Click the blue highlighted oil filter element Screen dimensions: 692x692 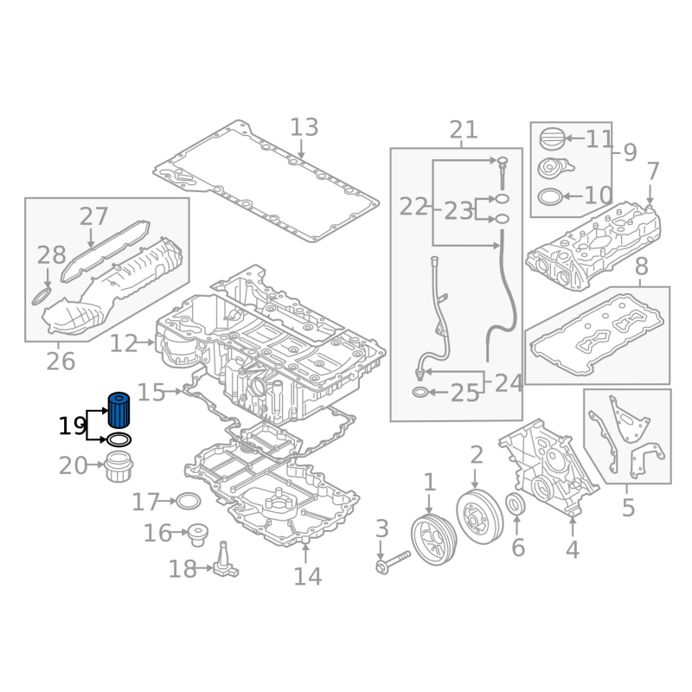click(x=119, y=410)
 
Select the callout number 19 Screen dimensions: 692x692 click(x=73, y=426)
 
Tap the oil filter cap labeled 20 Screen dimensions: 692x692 click(x=119, y=467)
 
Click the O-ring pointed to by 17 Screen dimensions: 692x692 click(x=189, y=502)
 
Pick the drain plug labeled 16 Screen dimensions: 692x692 click(x=197, y=535)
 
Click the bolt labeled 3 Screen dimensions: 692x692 click(x=394, y=561)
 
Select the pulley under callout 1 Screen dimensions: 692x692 click(x=434, y=539)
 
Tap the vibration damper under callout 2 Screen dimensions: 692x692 click(x=480, y=516)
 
